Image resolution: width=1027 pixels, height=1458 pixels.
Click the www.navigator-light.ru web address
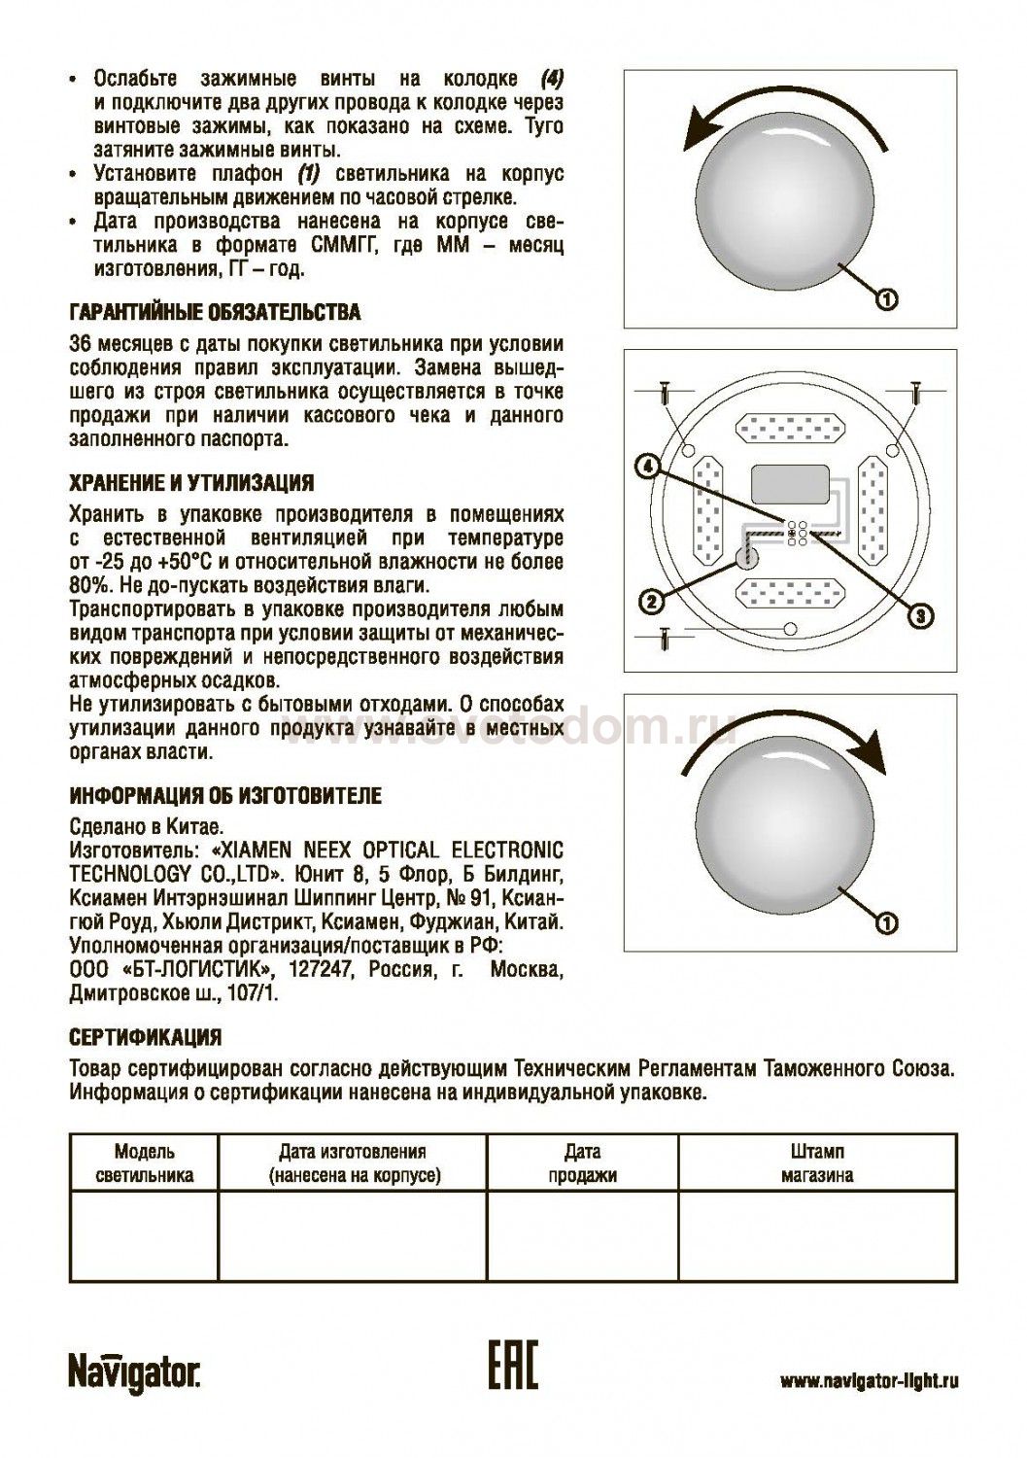coord(869,1381)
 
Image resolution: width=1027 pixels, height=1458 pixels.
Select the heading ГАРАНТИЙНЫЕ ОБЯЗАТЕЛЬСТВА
coord(215,313)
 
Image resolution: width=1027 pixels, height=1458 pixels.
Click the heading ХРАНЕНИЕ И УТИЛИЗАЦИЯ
coord(191,483)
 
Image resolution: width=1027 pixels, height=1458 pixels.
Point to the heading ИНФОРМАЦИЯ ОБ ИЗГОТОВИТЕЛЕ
coord(225,796)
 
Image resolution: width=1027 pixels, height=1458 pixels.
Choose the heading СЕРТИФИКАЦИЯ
coord(146,1037)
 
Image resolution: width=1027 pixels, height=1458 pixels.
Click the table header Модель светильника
coord(145,1163)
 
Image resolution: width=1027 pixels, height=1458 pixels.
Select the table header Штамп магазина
coord(817,1163)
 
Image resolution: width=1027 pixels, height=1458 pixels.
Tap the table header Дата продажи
coord(582,1163)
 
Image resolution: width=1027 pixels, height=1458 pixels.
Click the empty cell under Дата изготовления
coord(351,1236)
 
